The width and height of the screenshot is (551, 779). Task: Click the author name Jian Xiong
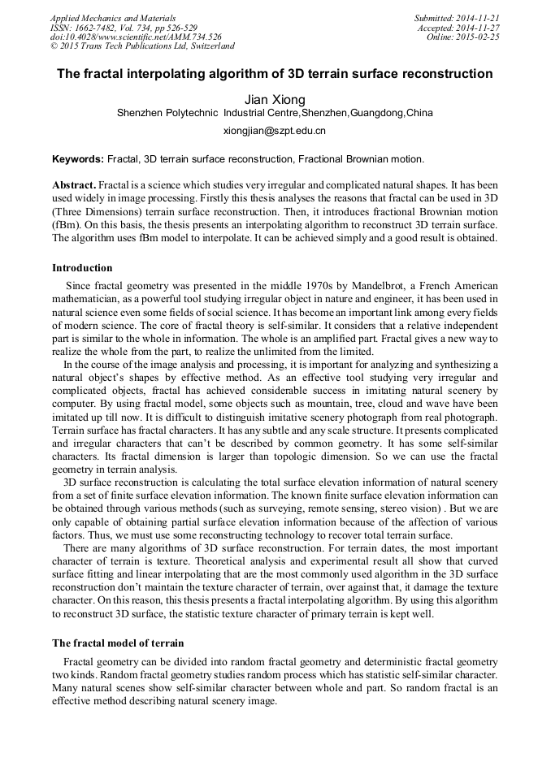(x=275, y=99)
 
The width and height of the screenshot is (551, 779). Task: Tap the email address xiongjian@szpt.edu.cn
(x=275, y=130)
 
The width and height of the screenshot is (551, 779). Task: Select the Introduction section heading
(x=82, y=268)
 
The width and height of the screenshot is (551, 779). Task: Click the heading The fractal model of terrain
(x=118, y=643)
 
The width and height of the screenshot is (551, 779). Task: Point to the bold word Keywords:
(x=78, y=158)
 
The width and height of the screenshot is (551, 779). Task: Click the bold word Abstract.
(x=75, y=185)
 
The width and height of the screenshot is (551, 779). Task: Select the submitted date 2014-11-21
(x=481, y=18)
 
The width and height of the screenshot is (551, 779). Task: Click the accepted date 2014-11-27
(x=481, y=28)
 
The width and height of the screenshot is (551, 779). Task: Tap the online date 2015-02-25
(x=481, y=37)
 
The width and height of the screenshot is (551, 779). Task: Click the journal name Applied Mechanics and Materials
(x=113, y=18)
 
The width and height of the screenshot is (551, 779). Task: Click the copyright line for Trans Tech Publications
(x=142, y=46)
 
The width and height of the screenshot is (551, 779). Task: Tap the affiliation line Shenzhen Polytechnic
(x=275, y=113)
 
